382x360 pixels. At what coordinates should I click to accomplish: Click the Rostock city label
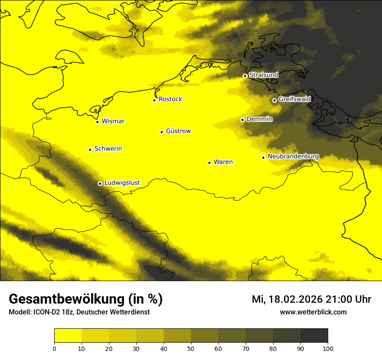click(x=170, y=99)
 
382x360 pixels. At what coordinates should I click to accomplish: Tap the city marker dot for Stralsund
click(x=245, y=76)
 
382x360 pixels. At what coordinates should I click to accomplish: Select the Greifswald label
click(x=294, y=99)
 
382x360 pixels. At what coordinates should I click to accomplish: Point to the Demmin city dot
click(x=242, y=120)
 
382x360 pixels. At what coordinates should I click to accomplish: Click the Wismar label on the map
click(x=113, y=121)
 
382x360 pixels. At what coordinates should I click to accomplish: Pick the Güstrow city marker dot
click(x=161, y=132)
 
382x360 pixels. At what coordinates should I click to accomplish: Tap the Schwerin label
click(x=108, y=149)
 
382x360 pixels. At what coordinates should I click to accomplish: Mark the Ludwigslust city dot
click(x=100, y=183)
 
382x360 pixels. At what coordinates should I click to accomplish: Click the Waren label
click(x=223, y=162)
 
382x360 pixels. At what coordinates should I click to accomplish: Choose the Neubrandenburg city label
click(x=293, y=157)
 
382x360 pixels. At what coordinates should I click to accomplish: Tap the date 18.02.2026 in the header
click(x=295, y=299)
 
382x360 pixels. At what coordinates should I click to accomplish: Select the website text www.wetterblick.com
click(x=313, y=312)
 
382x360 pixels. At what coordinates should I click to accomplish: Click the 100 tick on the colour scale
click(x=328, y=348)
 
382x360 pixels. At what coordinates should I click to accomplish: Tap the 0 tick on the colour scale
click(x=54, y=348)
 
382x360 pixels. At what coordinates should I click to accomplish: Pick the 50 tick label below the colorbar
click(x=191, y=348)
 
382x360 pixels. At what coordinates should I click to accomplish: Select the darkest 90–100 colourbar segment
click(x=314, y=335)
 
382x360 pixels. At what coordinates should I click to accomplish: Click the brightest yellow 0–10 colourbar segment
click(x=68, y=335)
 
